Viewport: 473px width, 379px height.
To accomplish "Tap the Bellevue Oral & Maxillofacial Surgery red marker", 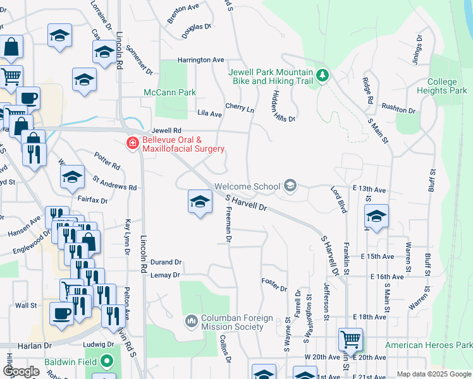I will (133, 143).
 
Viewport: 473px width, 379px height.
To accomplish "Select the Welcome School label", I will (247, 186).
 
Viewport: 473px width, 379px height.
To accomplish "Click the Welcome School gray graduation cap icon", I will (290, 186).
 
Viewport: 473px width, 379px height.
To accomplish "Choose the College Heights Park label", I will (442, 86).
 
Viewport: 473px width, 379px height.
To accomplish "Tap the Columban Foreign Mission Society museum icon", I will (192, 322).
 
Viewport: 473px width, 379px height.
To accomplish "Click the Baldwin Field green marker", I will (107, 364).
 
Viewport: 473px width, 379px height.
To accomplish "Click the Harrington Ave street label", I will (201, 60).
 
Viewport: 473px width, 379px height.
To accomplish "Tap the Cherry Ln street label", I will (240, 108).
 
